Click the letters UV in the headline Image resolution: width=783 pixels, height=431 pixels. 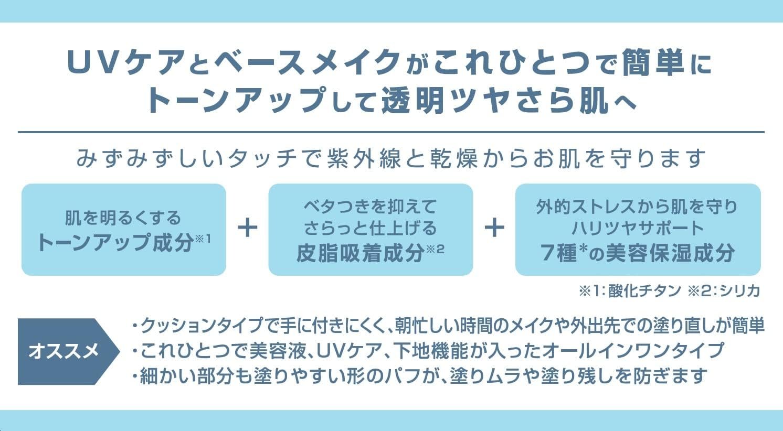(x=92, y=62)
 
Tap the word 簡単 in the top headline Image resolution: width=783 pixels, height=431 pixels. (x=653, y=62)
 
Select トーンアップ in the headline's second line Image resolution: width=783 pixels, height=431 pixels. (x=236, y=101)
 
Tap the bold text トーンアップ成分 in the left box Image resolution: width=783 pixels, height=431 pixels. (x=115, y=242)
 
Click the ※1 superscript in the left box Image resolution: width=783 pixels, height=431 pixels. (x=203, y=239)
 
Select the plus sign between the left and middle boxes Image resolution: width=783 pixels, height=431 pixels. (x=248, y=228)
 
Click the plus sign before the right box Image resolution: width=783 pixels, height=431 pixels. (x=494, y=228)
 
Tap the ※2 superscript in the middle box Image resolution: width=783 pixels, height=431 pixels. (x=435, y=250)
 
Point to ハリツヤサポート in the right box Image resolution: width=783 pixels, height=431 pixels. (x=638, y=229)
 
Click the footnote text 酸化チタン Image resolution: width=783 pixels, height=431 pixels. (x=645, y=291)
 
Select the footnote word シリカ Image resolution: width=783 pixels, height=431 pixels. (x=740, y=291)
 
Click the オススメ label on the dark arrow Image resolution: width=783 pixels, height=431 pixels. (x=64, y=351)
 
